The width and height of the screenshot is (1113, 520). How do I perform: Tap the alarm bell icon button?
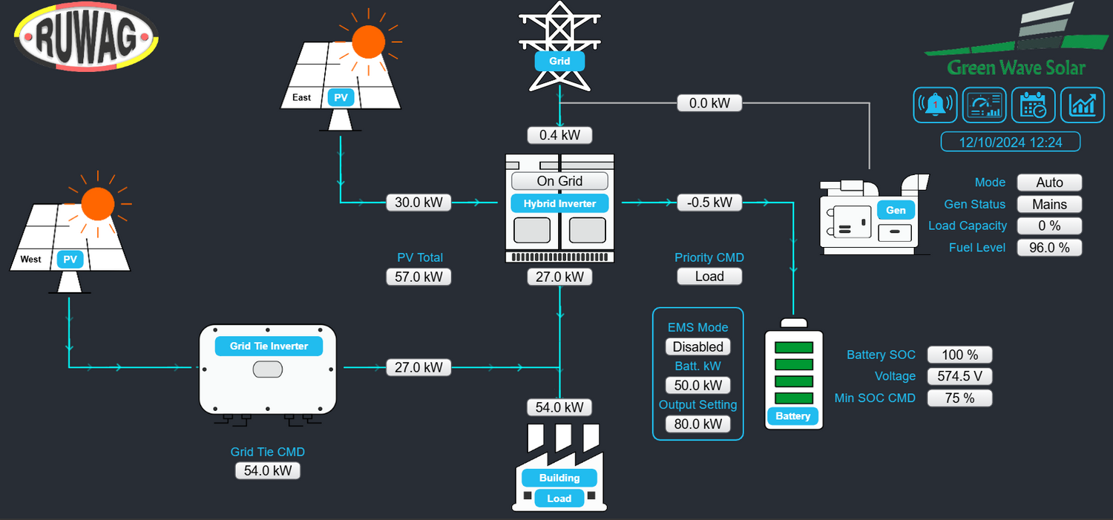[x=934, y=105]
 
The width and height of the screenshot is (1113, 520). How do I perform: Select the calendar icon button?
[x=1033, y=105]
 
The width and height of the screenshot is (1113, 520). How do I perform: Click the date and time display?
[x=1011, y=142]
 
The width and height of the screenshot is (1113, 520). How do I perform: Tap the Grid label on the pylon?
[x=559, y=61]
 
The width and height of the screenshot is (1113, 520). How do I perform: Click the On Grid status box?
[x=559, y=181]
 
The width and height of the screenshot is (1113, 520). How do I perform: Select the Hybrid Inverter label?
[x=559, y=203]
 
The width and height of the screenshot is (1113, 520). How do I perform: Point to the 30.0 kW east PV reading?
[x=418, y=202]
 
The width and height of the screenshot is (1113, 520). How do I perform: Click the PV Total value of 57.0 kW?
[x=418, y=277]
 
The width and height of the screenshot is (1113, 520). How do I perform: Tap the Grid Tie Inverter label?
[x=269, y=346]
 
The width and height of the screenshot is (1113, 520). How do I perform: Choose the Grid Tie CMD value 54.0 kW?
[x=268, y=470]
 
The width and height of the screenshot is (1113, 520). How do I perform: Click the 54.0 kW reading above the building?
[x=559, y=407]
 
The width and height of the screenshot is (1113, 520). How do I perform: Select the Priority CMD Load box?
[x=709, y=277]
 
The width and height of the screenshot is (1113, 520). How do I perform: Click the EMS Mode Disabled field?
[x=697, y=346]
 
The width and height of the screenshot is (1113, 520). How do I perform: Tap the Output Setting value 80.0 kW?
[x=697, y=424]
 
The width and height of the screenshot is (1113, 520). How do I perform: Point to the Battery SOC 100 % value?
[x=959, y=355]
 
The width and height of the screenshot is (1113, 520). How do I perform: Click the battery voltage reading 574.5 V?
[x=959, y=376]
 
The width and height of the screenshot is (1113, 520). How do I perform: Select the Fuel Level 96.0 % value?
[x=1049, y=248]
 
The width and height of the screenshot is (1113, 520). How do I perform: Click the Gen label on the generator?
[x=896, y=210]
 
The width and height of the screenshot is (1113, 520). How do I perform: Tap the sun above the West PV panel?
[x=98, y=203]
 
